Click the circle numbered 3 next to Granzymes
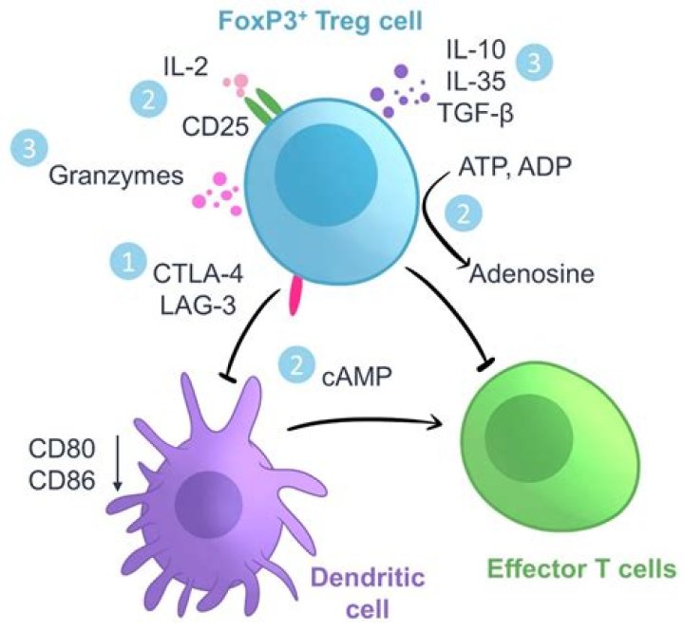click(x=29, y=149)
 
